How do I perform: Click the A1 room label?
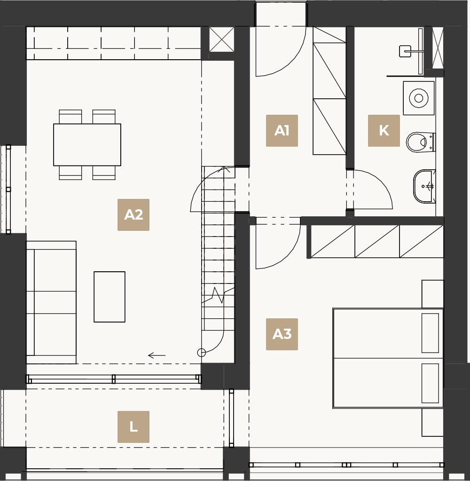(x=282, y=131)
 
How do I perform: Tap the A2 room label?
(x=133, y=215)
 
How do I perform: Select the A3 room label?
(x=282, y=334)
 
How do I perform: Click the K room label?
(x=384, y=131)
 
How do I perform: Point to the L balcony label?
(x=133, y=427)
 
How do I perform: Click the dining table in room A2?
(x=87, y=144)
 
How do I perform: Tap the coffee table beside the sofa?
(x=110, y=297)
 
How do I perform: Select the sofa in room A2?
(x=51, y=302)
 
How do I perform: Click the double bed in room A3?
(x=388, y=358)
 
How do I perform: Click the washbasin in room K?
(x=424, y=186)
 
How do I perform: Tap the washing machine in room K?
(x=418, y=98)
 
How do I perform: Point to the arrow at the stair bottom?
(x=157, y=355)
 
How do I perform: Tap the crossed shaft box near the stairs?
(x=221, y=39)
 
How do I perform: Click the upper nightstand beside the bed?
(x=432, y=294)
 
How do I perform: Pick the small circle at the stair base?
(x=202, y=353)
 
